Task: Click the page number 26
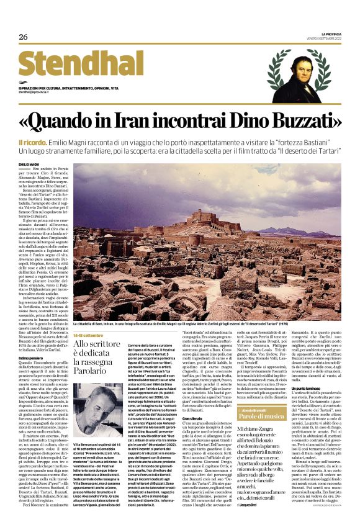(x=23, y=37)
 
